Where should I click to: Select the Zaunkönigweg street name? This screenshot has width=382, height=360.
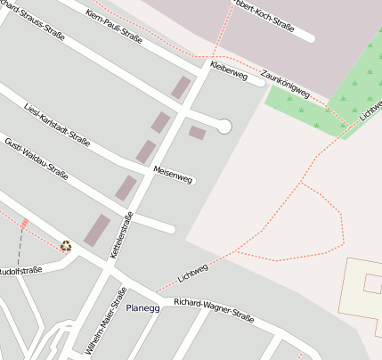tap(286, 85)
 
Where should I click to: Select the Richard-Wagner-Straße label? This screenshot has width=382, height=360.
tap(214, 311)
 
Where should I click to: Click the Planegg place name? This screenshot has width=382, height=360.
tap(142, 308)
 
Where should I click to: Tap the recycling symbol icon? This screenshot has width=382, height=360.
tap(65, 246)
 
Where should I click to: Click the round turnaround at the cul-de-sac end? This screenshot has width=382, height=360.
tap(224, 127)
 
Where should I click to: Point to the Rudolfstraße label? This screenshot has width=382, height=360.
tap(20, 270)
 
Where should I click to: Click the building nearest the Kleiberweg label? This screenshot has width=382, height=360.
tap(181, 87)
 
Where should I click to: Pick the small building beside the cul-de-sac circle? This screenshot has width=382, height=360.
tap(197, 133)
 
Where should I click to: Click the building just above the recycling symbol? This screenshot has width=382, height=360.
tap(97, 229)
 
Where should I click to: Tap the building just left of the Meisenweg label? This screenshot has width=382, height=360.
tap(145, 151)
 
